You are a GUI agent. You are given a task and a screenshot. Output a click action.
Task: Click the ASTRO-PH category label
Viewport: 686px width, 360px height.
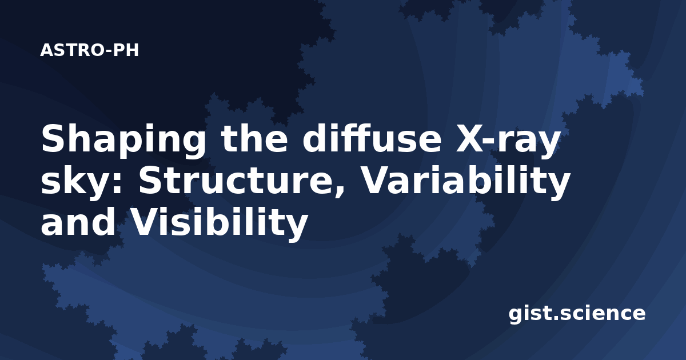click(x=89, y=50)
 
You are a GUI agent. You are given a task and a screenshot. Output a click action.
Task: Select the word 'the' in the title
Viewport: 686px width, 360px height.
click(x=254, y=139)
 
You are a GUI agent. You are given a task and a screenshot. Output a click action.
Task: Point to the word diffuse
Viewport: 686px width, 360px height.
click(x=372, y=138)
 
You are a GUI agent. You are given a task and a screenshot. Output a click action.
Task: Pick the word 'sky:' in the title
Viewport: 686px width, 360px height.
click(x=81, y=183)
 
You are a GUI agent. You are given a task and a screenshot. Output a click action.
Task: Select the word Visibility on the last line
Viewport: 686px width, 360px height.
click(x=219, y=225)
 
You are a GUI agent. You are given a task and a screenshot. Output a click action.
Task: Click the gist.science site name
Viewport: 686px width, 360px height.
click(x=577, y=314)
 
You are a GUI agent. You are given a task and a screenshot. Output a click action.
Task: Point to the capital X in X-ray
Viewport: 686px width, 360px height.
click(x=472, y=139)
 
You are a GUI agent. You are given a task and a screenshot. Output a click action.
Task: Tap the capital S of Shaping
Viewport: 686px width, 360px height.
click(x=54, y=139)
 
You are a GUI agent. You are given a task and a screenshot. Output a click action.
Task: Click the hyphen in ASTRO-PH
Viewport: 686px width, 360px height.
click(x=108, y=51)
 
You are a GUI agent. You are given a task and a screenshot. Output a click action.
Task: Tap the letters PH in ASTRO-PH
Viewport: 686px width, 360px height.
click(x=126, y=50)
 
